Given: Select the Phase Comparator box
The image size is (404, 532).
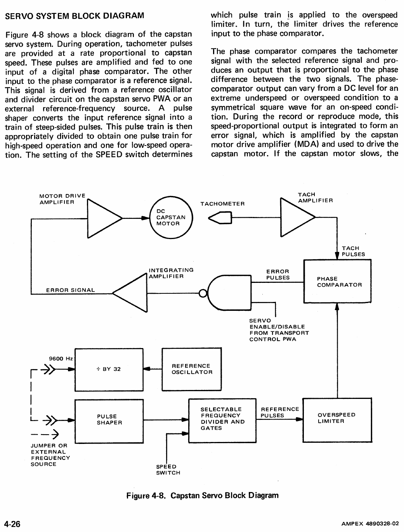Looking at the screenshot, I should (337, 281).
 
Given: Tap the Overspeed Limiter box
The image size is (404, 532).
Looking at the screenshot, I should (337, 419).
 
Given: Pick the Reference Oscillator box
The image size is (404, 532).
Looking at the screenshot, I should (191, 369).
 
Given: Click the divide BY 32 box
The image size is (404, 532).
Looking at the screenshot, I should (109, 369).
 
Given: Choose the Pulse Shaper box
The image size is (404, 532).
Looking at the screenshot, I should (109, 421).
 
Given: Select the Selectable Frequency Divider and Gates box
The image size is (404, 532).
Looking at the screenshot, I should (222, 420).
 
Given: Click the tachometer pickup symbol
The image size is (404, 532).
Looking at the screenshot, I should (220, 218).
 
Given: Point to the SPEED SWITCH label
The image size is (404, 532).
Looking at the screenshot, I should (168, 470).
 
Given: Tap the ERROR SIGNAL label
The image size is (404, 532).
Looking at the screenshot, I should (70, 290).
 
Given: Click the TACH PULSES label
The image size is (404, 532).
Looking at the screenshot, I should (353, 251).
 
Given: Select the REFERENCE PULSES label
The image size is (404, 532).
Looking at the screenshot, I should (279, 412).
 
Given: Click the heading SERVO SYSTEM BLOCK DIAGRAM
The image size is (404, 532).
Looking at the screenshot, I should (75, 16).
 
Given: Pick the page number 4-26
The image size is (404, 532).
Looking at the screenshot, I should (12, 524).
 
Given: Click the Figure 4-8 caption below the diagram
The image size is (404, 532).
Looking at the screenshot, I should (202, 496).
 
